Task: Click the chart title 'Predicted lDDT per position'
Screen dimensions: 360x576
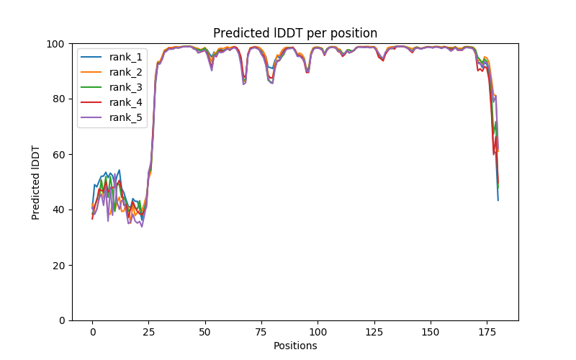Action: [295, 33]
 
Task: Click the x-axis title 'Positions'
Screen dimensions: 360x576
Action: [295, 346]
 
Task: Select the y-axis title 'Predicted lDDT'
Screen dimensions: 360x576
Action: [36, 182]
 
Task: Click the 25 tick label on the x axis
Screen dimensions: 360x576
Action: [148, 331]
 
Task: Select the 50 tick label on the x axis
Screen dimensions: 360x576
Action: [205, 331]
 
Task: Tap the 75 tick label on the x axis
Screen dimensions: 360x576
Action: [261, 331]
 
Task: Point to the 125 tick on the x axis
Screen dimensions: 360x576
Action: [374, 331]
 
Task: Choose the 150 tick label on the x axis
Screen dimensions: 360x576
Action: [431, 331]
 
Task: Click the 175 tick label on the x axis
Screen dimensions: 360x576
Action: [487, 331]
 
